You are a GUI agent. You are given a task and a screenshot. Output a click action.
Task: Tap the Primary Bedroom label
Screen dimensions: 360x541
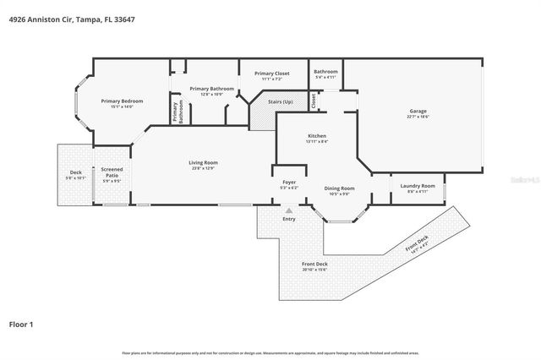(x=122, y=104)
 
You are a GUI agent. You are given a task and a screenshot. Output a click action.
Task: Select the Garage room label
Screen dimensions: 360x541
(x=418, y=114)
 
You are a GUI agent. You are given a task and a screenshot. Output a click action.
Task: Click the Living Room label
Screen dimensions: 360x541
(x=203, y=165)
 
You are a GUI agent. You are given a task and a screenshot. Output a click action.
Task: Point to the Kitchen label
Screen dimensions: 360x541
(x=317, y=138)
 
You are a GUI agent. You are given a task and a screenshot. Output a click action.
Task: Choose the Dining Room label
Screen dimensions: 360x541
(x=339, y=190)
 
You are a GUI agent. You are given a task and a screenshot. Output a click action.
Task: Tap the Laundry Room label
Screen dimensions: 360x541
(x=418, y=188)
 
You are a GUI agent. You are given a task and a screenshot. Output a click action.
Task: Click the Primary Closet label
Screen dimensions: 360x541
(x=272, y=76)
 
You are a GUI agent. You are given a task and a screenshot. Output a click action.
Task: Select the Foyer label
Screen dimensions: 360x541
(x=288, y=184)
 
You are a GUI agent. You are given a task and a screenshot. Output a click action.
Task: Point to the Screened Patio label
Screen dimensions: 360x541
(x=112, y=174)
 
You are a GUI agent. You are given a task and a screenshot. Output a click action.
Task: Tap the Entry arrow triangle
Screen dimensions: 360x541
(x=289, y=210)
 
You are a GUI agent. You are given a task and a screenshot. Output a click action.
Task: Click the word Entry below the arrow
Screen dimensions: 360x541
(x=289, y=218)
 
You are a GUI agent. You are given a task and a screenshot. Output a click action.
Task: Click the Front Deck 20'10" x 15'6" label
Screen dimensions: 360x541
(x=314, y=266)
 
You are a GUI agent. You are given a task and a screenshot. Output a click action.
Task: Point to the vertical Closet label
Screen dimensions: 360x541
(x=314, y=101)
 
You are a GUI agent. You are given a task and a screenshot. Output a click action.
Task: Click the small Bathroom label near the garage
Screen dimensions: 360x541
(x=325, y=74)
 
